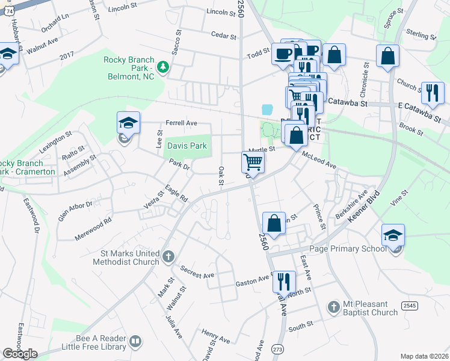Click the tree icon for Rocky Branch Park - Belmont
162,66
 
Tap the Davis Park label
186,146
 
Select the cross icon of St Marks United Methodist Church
168,256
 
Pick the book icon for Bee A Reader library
136,342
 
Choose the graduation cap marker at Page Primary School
393,236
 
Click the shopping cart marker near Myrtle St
253,162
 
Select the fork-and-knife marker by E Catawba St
433,93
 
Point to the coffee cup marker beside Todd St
282,54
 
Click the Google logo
20,354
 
